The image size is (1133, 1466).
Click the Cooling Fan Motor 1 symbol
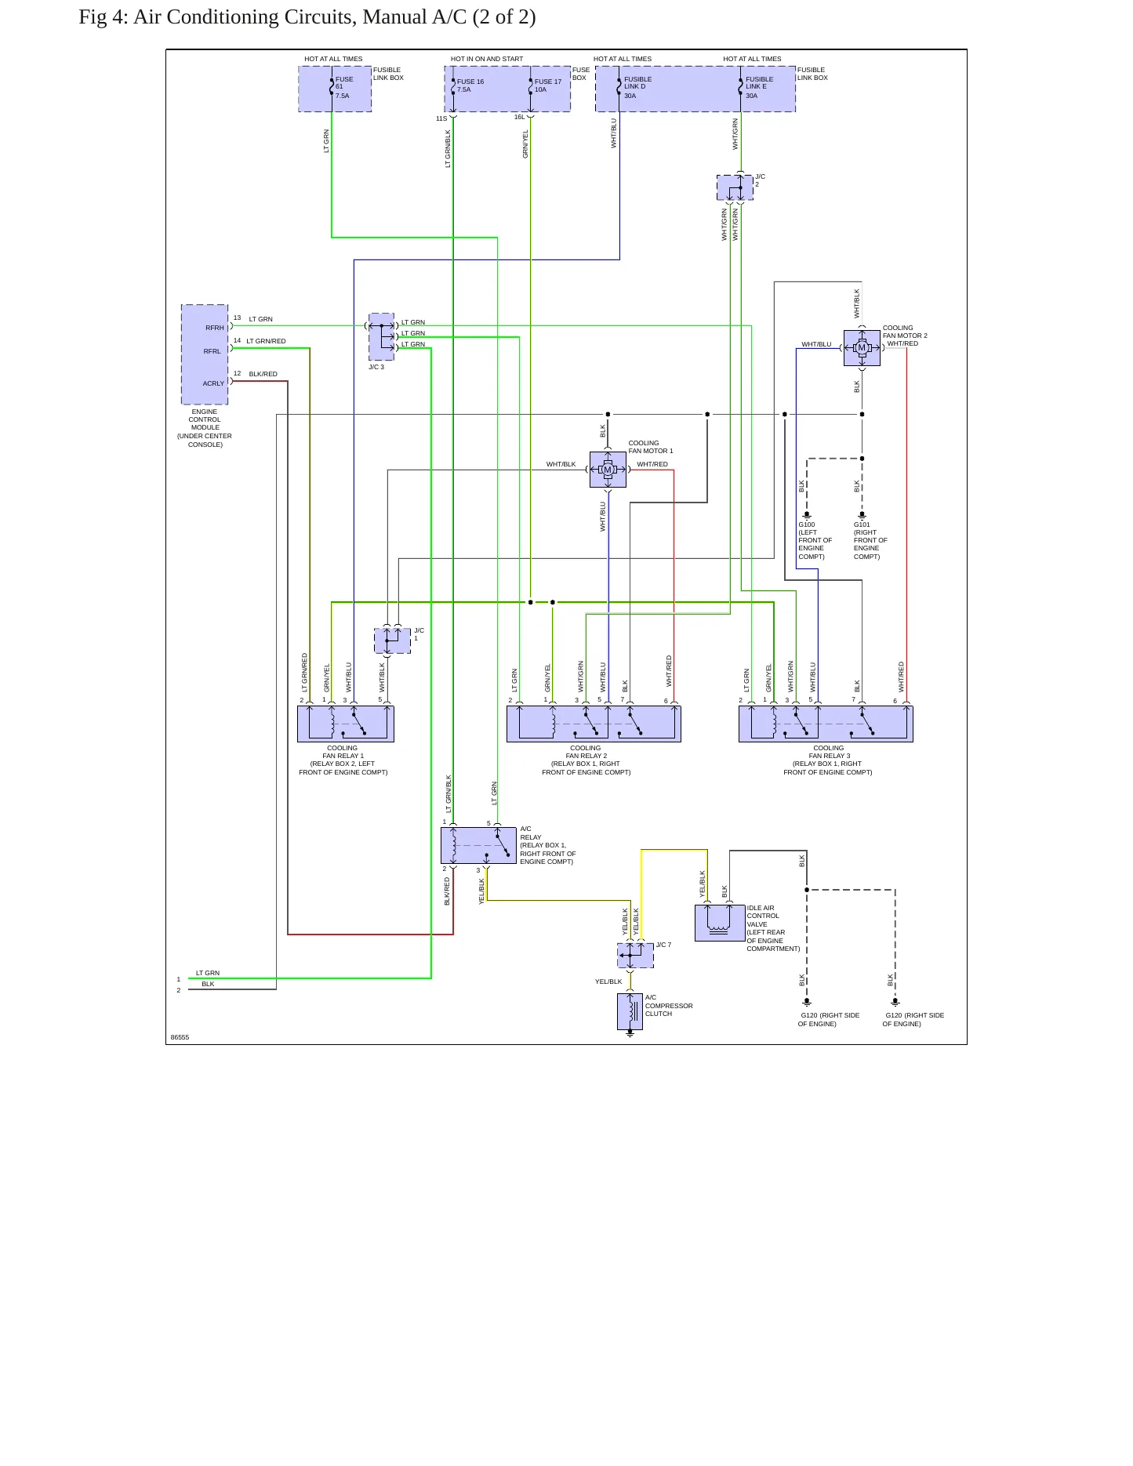(x=608, y=470)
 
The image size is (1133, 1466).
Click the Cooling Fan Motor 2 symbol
(x=862, y=348)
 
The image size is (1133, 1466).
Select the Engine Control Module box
(x=205, y=354)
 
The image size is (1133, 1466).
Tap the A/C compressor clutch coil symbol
(x=630, y=1011)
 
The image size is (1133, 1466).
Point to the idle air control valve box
(x=720, y=923)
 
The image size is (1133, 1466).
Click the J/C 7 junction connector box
(x=635, y=956)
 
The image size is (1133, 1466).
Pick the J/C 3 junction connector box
(x=382, y=336)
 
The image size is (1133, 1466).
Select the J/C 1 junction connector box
(x=392, y=640)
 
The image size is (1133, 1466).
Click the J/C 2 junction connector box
(x=735, y=187)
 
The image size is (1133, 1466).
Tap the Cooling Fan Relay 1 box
(x=346, y=724)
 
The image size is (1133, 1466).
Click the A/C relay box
(x=478, y=845)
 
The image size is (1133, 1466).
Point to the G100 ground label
(x=807, y=524)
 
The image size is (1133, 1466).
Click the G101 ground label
(x=862, y=524)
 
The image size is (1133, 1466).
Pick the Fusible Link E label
(x=759, y=83)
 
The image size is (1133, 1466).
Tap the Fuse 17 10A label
(x=548, y=85)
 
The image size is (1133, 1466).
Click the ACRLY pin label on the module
(x=213, y=383)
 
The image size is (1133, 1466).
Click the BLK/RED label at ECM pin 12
(x=263, y=374)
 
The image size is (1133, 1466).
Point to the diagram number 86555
(x=180, y=1037)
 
